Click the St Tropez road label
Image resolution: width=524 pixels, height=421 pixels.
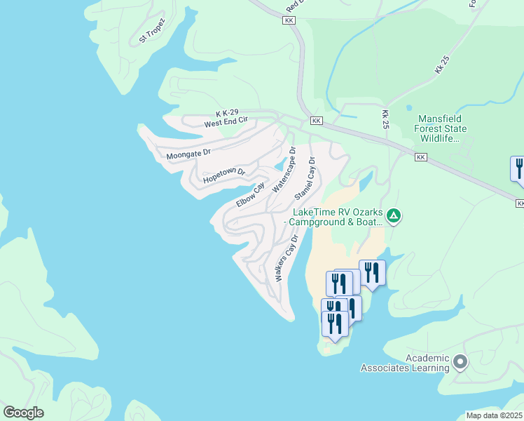click(151, 31)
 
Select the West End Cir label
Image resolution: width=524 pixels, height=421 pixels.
click(226, 123)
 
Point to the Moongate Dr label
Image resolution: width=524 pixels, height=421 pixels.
click(188, 153)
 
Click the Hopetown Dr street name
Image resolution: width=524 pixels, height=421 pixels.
click(224, 176)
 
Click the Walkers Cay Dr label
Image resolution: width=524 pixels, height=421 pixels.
click(287, 258)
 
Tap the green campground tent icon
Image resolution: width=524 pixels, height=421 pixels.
click(394, 216)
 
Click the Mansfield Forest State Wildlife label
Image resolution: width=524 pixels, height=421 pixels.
click(442, 128)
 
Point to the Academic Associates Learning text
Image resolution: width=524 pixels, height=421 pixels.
click(405, 363)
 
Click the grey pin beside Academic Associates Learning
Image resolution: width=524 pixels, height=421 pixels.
click(460, 362)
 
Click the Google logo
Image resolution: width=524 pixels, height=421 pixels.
click(23, 413)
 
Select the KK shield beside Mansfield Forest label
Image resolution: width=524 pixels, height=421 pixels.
click(420, 157)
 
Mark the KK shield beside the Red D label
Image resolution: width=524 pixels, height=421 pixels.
click(289, 20)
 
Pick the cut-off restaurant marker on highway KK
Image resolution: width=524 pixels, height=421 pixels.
click(518, 170)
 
